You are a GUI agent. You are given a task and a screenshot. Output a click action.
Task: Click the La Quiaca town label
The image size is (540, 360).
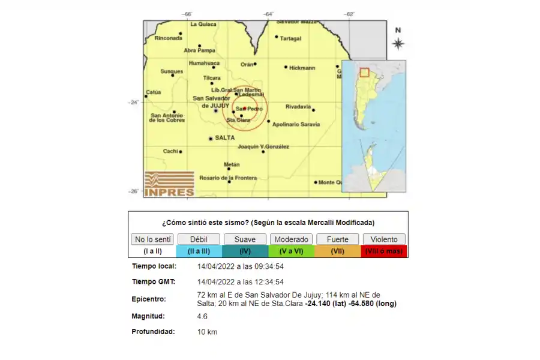203,24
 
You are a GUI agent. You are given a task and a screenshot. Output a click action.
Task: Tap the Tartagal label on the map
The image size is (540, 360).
291,38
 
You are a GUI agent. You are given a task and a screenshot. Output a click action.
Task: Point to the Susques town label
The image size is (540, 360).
171,71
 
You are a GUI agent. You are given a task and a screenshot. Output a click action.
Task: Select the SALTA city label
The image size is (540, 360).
224,138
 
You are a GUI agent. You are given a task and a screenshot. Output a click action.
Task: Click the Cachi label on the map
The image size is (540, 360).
170,151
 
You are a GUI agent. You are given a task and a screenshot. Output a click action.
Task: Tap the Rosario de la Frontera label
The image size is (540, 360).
228,178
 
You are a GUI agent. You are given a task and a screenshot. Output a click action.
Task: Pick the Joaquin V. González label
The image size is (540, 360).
263,146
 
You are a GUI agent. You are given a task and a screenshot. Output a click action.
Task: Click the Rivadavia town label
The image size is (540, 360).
298,107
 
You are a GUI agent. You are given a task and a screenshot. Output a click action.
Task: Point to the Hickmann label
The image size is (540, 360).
302,68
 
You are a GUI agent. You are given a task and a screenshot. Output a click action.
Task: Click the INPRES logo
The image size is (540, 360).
169,184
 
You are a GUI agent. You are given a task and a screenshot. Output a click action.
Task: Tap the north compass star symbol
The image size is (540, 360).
398,43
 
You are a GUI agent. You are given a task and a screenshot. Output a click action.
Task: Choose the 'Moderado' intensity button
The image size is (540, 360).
292,239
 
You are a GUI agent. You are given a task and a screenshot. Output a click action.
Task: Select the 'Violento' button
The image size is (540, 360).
384,239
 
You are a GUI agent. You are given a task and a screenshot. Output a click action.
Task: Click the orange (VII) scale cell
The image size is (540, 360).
338,251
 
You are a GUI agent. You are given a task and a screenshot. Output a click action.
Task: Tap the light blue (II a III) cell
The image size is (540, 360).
199,251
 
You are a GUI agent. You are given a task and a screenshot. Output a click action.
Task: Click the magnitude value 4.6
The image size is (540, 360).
203,316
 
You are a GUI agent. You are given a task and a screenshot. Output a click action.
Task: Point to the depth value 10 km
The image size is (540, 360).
207,332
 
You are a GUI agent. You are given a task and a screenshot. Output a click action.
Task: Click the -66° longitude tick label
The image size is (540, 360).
188,14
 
